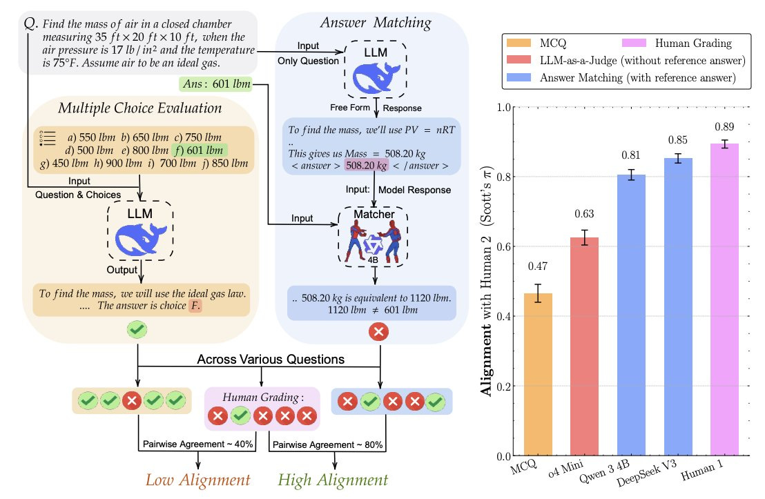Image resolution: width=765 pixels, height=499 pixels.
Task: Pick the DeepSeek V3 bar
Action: pos(682,306)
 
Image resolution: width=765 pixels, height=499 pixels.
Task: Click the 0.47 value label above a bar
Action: pos(543,266)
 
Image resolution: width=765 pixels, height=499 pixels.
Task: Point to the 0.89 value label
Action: pos(729,127)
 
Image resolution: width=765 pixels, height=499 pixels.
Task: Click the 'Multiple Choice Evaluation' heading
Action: pos(139,108)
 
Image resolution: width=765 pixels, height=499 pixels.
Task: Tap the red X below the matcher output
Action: pos(378,332)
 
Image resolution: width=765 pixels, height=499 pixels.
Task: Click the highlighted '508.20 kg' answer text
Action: pos(367,166)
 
